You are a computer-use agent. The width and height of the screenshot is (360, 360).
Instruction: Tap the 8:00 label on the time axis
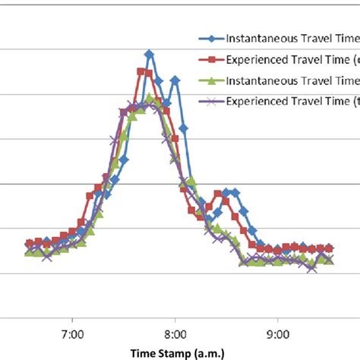tap(175, 333)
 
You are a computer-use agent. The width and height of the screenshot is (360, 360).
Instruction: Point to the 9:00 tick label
tap(279, 333)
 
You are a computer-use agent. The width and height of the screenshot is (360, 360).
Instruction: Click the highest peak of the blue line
tap(150, 54)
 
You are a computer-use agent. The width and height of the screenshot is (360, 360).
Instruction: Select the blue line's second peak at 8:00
tap(175, 79)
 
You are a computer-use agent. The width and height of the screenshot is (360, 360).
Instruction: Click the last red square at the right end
tap(329, 248)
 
